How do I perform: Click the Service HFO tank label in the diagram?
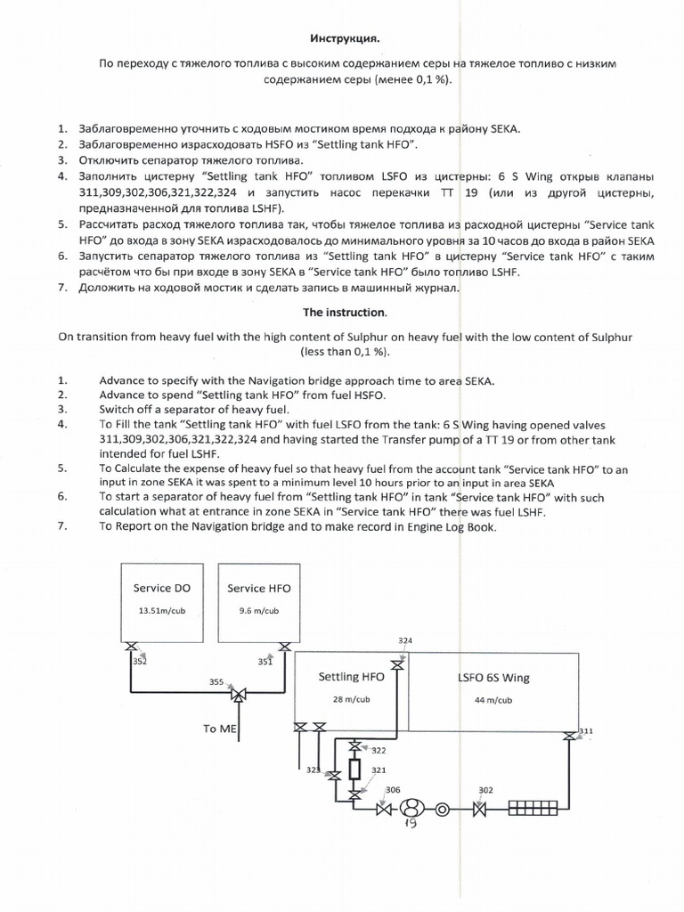tap(259, 589)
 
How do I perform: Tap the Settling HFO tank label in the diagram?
tap(351, 677)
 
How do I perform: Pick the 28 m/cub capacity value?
tap(350, 699)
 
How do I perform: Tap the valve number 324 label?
tap(405, 640)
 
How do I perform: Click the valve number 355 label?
tap(216, 681)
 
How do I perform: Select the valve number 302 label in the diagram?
tap(486, 789)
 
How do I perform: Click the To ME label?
tap(221, 729)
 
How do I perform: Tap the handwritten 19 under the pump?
tap(412, 825)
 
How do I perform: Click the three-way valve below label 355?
tap(238, 695)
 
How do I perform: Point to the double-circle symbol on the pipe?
tap(443, 810)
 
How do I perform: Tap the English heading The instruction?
tap(342, 313)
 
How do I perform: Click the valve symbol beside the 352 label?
tap(132, 647)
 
